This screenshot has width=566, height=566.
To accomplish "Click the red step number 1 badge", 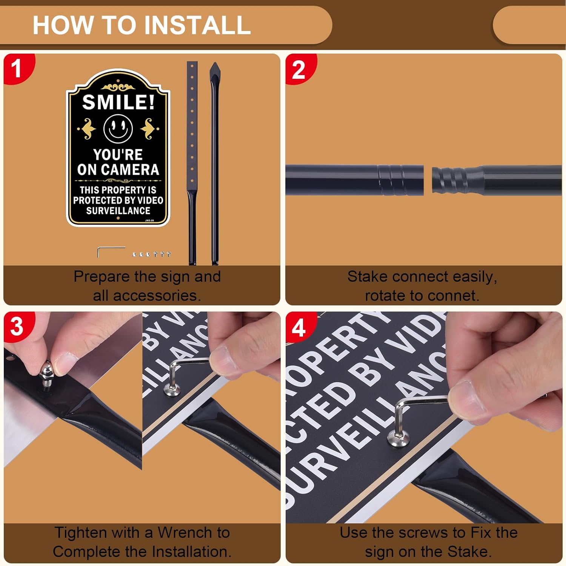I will click(16, 69).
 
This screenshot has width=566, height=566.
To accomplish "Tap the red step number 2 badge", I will click(298, 69).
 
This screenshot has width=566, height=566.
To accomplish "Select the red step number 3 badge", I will click(17, 326).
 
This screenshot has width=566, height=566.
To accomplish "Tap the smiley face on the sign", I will click(118, 128).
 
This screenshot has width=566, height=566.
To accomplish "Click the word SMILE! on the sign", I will click(118, 102).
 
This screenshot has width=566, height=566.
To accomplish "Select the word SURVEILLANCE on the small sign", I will click(118, 211).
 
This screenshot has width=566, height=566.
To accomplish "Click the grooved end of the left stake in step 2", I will click(400, 180).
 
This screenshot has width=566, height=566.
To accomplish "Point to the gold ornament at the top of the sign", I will click(118, 87).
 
